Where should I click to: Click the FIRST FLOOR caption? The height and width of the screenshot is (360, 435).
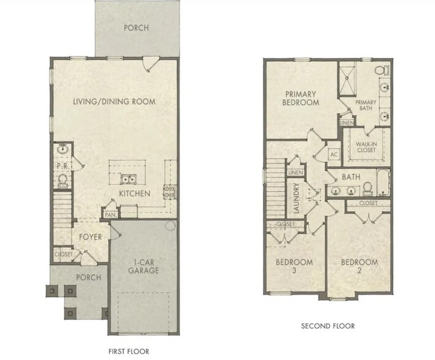tap(128, 351)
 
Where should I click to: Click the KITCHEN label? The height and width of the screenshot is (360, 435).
tap(135, 193)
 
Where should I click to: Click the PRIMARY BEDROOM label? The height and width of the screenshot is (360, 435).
tap(301, 98)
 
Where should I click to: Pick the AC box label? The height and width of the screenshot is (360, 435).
tap(335, 154)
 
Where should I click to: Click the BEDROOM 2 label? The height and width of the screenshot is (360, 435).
tap(359, 266)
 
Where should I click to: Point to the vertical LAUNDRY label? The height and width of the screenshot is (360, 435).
tap(296, 198)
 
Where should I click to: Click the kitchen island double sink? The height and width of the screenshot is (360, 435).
tap(128, 179)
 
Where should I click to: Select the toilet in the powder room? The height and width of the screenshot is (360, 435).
tap(62, 179)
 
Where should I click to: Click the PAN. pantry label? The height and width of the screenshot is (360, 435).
tap(111, 215)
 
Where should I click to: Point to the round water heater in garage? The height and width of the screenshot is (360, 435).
tap(171, 227)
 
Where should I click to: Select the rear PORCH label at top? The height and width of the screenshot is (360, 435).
tap(136, 28)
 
